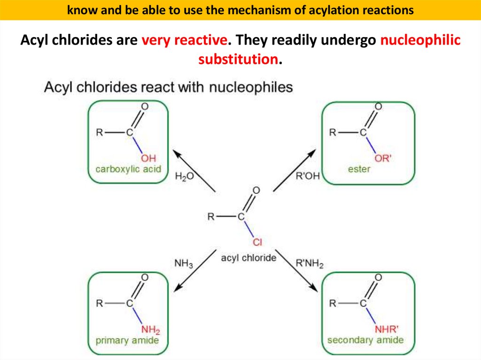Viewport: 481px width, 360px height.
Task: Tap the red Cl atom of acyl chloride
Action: pos(257,242)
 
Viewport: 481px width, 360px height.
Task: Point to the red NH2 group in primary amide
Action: pos(151,329)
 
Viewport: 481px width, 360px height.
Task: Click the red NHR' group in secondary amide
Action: pos(386,329)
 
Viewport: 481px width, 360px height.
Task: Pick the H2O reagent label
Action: pos(184,177)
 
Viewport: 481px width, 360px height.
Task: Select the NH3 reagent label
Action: pos(184,264)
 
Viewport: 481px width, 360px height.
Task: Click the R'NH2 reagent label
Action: pos(310,264)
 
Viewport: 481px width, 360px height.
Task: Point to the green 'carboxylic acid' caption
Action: pos(128,169)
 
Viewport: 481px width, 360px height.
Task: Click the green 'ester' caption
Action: pos(359,169)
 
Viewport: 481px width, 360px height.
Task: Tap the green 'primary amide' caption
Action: pos(127,340)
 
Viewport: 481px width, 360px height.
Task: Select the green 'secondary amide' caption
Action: pos(365,340)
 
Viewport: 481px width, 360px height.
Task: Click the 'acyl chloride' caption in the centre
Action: pos(248,258)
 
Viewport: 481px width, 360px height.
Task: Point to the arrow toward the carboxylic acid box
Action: pos(194,171)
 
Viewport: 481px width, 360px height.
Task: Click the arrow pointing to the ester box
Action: pos(295,171)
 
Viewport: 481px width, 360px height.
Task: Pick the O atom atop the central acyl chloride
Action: pos(256,191)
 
